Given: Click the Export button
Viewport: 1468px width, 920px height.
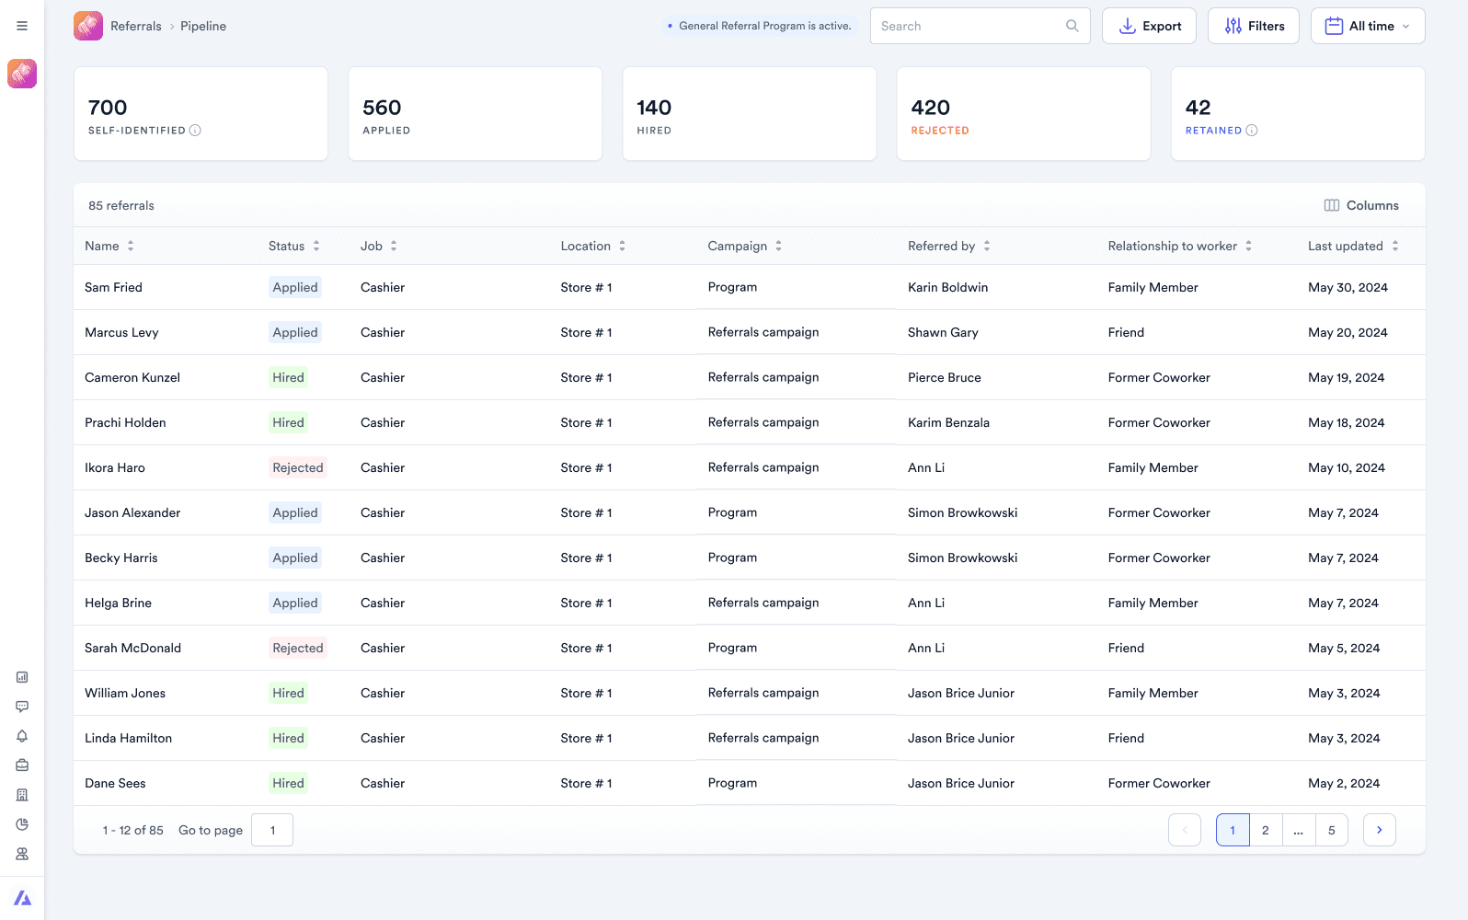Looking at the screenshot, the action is pos(1149,26).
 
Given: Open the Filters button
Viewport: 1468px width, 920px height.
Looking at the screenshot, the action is pos(1253,26).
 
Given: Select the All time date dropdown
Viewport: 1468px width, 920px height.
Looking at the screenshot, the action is pos(1368,26).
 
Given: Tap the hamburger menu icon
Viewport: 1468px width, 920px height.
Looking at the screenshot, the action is pos(22,26).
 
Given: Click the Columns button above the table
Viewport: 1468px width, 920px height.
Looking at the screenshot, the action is pos(1361,205).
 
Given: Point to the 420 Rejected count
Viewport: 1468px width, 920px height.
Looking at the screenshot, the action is pos(930,108).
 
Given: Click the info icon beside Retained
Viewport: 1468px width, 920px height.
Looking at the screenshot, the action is pos(1252,131).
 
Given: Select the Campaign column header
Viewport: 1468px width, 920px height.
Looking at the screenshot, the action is pos(738,246).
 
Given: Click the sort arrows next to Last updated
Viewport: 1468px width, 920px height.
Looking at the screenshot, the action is pos(1395,246).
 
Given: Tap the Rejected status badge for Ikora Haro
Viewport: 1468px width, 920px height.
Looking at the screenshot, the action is pos(297,467).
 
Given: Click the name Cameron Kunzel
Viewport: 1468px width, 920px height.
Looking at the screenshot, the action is pos(132,377).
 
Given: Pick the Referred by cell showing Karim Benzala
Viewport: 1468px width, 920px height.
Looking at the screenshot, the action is pos(948,422).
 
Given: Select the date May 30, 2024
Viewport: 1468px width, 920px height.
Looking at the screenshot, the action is pos(1348,287).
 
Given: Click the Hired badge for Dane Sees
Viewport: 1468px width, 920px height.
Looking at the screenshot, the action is pos(288,783).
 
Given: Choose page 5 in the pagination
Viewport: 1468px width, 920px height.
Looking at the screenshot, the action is pos(1331,830).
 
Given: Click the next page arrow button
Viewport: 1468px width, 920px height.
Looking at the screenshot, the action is pos(1380,830).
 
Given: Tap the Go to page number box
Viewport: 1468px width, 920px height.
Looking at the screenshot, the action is pos(272,830).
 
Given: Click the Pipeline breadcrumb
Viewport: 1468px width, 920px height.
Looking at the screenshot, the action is pos(203,26).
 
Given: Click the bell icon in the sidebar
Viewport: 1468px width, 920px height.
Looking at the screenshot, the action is pos(22,736).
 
